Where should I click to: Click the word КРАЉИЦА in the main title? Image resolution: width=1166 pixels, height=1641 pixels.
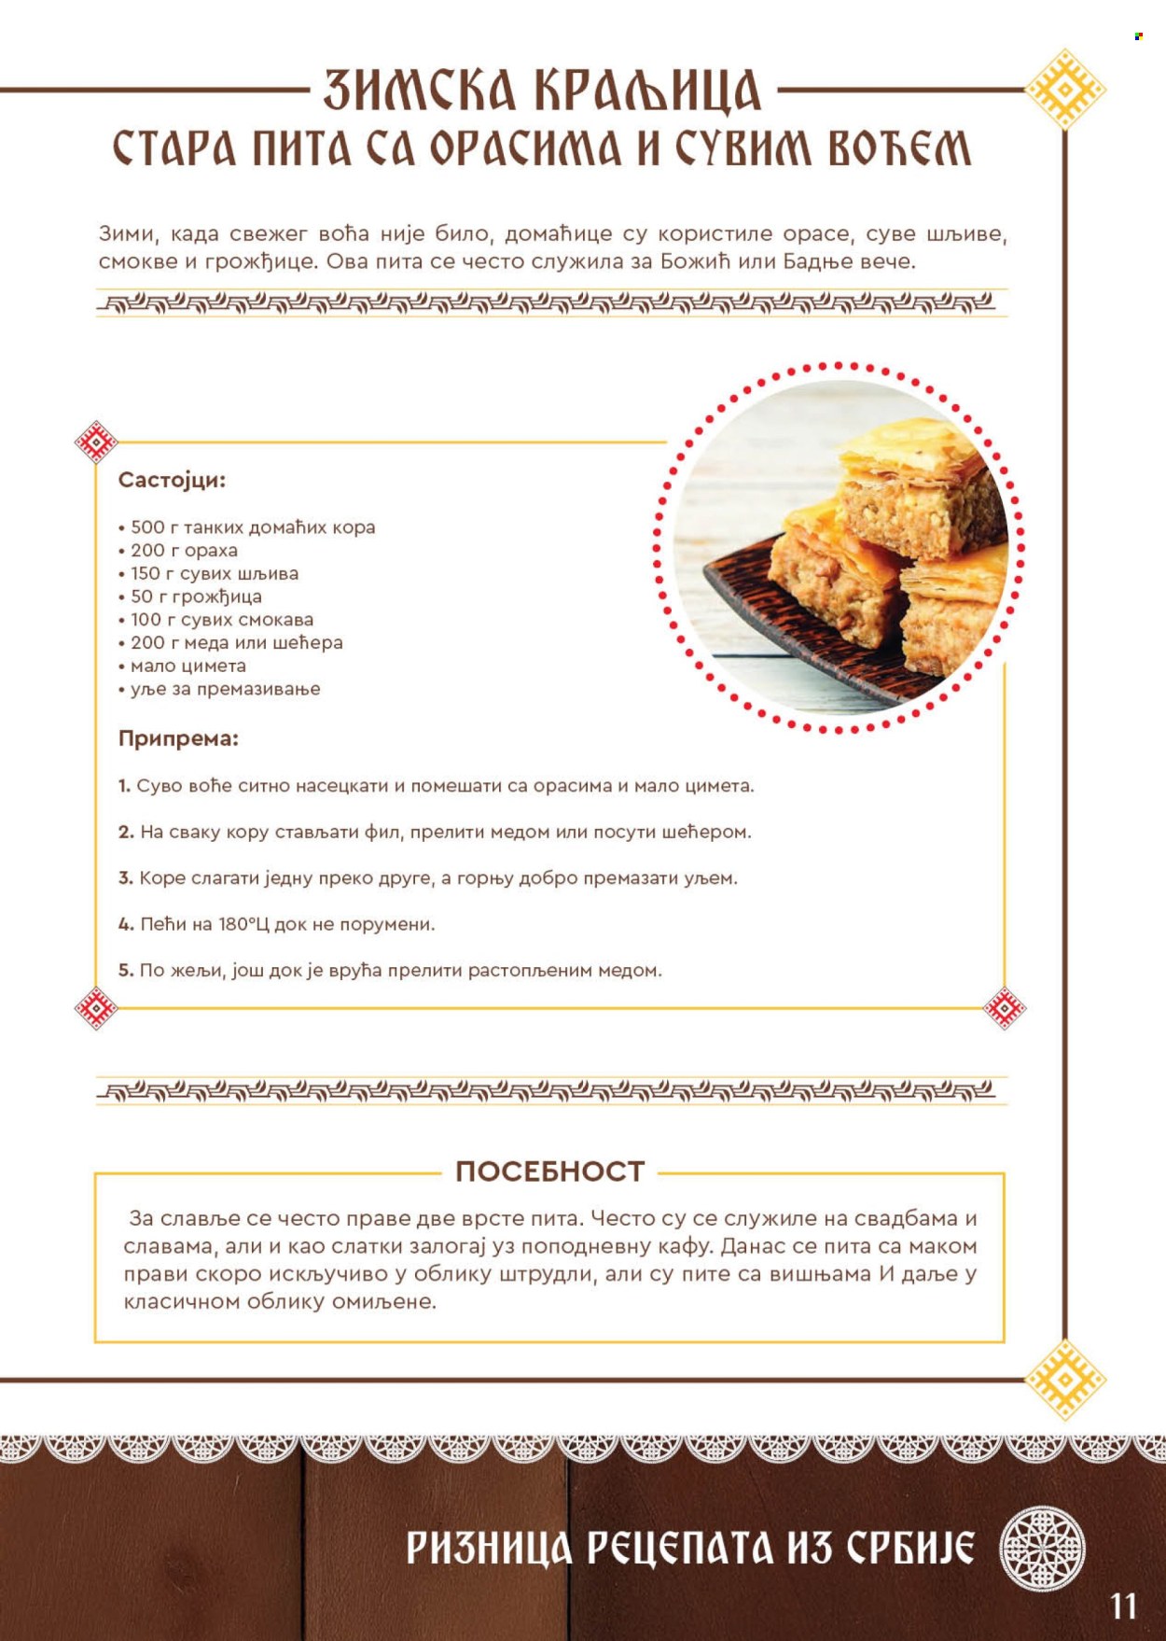647,91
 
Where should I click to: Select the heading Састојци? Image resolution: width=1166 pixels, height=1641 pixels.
172,481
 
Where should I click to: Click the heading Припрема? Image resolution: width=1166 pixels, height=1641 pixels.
178,738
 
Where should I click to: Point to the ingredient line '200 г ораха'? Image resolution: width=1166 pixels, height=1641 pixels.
184,551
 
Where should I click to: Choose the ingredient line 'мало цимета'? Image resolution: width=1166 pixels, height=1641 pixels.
187,666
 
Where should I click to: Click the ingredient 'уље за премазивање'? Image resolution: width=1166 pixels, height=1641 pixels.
225,690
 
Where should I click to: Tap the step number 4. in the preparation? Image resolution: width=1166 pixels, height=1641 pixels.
126,925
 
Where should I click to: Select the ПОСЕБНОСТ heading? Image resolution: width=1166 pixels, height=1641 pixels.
549,1171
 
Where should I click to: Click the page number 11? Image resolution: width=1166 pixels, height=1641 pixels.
1123,1606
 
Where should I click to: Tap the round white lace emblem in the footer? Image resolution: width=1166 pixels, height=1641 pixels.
1042,1547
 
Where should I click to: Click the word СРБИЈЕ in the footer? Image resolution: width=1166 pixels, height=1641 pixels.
910,1548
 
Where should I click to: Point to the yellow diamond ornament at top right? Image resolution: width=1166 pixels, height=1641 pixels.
1064,90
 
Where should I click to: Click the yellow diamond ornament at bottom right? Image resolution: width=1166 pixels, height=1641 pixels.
1064,1379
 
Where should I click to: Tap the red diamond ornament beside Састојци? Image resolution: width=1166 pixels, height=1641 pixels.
96,442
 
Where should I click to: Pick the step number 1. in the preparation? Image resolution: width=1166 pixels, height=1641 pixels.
124,786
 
